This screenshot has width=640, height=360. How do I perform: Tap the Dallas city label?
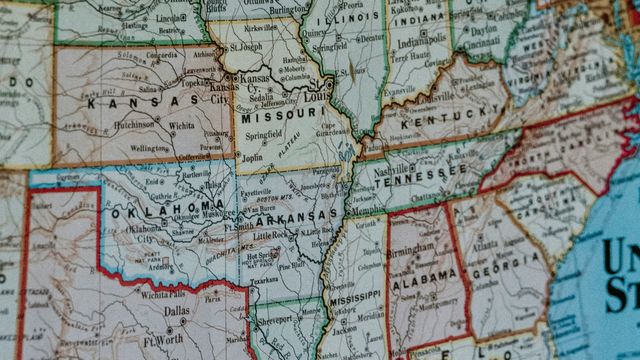[177, 310]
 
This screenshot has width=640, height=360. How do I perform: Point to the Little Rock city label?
[273, 234]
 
